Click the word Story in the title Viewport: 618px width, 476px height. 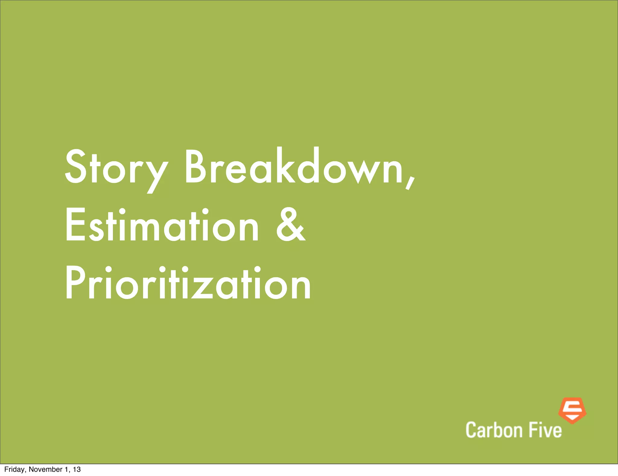pyautogui.click(x=116, y=168)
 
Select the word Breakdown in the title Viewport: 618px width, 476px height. pyautogui.click(x=294, y=166)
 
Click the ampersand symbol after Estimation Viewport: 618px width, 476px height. pyautogui.click(x=291, y=225)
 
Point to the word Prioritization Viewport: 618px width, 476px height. pyautogui.click(x=188, y=283)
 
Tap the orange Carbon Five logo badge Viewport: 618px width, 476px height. pyautogui.click(x=572, y=410)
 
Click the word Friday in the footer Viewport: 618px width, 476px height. pyautogui.click(x=15, y=469)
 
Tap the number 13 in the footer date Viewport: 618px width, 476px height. pyautogui.click(x=77, y=469)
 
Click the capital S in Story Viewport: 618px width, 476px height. pyautogui.click(x=74, y=167)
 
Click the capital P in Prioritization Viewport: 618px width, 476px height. pyautogui.click(x=74, y=283)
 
